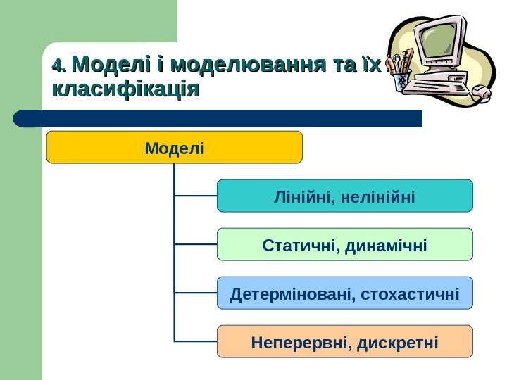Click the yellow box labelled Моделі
pos(174,147)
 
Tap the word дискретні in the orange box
pos(398,342)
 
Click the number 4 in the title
pos(57,68)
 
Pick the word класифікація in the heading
pos(125,90)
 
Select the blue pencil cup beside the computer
pos(402,80)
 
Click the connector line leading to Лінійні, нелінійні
pos(196,196)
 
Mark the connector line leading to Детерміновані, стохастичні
pos(196,293)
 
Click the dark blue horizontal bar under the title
pos(218,118)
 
